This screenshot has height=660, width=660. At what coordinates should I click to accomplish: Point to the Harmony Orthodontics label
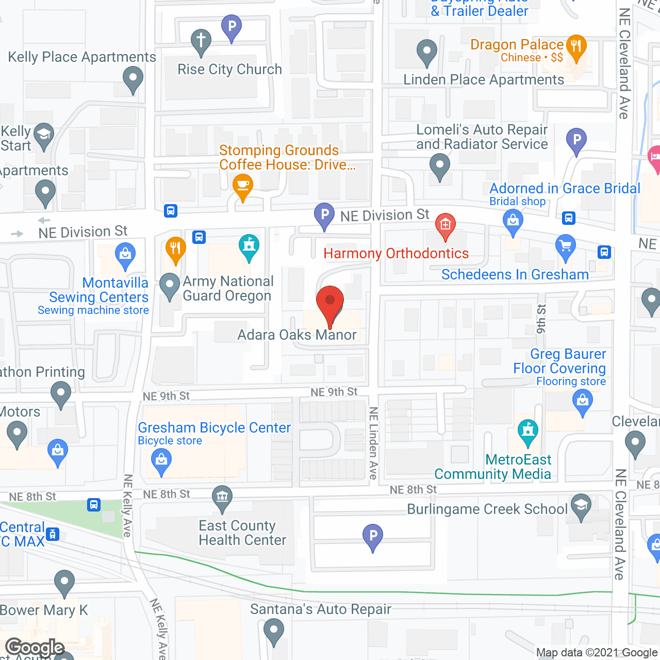[x=396, y=254]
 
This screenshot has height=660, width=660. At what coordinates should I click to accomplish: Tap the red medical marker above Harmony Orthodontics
[x=445, y=225]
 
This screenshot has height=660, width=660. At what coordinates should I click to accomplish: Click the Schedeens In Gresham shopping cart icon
[x=566, y=246]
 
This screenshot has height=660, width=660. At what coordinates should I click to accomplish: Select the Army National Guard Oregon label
[x=227, y=289]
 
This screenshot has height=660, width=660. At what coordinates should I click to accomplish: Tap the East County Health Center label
[x=242, y=533]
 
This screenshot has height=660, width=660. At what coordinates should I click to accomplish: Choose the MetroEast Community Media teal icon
[x=527, y=431]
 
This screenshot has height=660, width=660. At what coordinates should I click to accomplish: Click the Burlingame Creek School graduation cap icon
[x=581, y=506]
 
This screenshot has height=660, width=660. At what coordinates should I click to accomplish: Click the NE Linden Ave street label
[x=373, y=443]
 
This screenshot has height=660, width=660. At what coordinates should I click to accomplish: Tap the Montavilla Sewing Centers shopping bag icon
[x=125, y=255]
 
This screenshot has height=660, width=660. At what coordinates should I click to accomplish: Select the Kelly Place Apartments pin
[x=133, y=79]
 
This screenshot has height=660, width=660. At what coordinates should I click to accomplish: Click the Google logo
[x=35, y=648]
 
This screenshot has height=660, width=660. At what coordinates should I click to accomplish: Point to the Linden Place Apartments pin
[x=426, y=52]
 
